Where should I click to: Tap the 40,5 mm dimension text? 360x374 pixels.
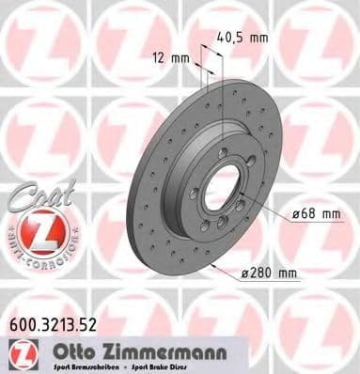click(243, 39)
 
